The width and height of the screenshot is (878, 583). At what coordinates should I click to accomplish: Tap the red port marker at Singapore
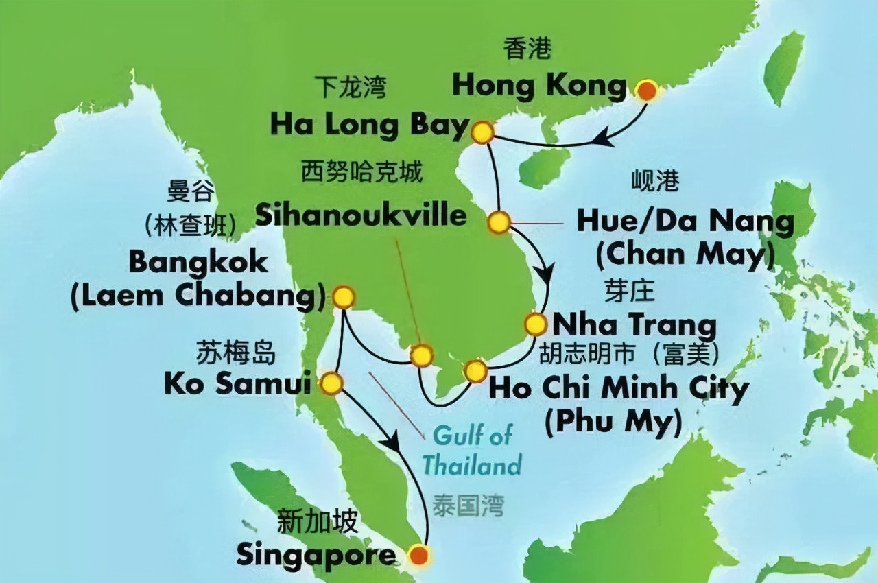point(418,554)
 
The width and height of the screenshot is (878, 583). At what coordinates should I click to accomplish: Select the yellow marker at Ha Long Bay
point(483,132)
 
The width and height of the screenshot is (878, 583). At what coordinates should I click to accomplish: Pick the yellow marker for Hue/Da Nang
point(499,222)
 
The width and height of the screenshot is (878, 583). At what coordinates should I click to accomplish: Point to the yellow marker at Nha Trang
point(535,323)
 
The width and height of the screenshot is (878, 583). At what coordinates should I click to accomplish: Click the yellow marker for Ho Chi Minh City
point(475,371)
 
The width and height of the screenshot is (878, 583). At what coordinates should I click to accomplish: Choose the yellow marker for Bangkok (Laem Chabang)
point(343,297)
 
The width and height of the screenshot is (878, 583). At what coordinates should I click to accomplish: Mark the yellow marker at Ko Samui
point(331,383)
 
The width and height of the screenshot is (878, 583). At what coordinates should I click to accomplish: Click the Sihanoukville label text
point(361,215)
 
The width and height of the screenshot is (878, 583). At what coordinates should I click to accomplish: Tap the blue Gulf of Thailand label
point(471,449)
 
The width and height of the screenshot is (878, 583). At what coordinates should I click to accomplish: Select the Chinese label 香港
point(527,49)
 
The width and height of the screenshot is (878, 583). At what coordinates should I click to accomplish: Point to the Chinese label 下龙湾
point(351,88)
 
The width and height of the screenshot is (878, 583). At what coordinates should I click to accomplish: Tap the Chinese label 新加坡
point(317,523)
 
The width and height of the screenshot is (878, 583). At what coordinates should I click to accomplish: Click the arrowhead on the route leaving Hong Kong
point(603,139)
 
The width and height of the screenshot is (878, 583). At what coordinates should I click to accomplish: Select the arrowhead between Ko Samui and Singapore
point(392,442)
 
